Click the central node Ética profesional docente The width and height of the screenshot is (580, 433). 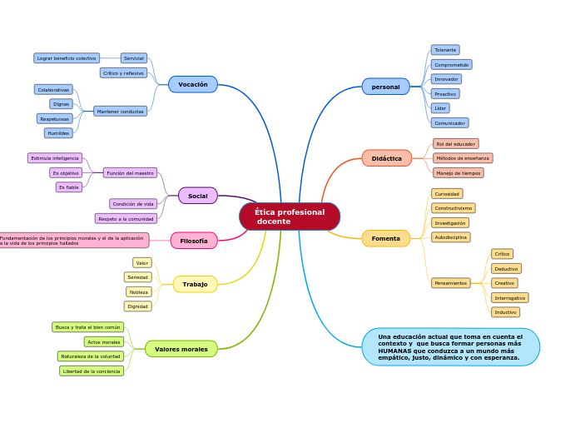click(289, 216)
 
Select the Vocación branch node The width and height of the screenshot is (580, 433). click(193, 84)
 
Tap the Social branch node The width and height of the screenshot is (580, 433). click(198, 196)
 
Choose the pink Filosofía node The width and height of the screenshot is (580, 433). click(194, 241)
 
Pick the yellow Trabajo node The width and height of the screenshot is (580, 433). click(195, 284)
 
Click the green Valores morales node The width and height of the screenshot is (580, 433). click(181, 349)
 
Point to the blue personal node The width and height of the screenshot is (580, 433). click(385, 87)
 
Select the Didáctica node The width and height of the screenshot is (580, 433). click(386, 158)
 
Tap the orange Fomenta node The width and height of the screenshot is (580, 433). click(385, 238)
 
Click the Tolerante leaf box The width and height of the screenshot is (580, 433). click(445, 50)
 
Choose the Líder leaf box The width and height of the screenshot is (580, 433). click(440, 108)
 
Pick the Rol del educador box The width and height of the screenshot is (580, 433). click(455, 144)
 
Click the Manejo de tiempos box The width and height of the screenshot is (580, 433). click(458, 173)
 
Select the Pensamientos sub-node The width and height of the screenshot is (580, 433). click(452, 283)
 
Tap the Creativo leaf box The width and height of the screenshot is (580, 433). click(504, 283)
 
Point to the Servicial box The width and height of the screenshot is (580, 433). click(134, 58)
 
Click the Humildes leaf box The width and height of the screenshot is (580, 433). click(58, 133)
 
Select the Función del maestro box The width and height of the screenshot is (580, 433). click(130, 173)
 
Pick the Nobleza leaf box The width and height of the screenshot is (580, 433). click(139, 292)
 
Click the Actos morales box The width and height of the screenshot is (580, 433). click(104, 342)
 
